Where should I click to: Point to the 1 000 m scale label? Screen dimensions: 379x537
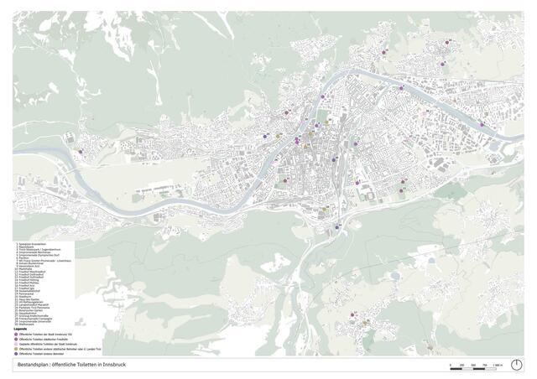497,364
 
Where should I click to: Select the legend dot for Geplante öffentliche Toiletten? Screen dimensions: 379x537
18,344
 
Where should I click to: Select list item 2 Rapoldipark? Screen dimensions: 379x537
28,247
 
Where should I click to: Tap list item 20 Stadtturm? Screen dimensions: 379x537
26,295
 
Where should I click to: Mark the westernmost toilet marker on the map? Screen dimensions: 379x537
81,152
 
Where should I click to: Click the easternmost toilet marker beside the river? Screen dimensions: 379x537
482,124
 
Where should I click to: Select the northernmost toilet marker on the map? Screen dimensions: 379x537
449,41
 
